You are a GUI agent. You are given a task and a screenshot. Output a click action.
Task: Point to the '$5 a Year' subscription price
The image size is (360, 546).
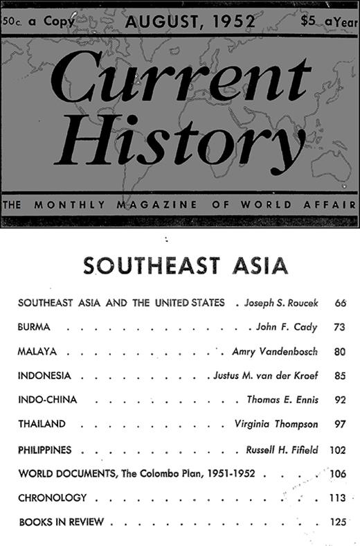point(329,21)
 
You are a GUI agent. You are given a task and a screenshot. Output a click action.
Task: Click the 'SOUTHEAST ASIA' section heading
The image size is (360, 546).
point(186,266)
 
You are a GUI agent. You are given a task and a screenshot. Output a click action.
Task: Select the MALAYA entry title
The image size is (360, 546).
point(37,351)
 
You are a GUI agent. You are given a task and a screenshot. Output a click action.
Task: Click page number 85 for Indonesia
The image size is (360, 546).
point(339,376)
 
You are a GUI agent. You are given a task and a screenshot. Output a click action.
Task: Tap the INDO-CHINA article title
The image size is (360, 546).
point(47,400)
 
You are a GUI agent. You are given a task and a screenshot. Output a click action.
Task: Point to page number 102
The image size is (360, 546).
point(338,450)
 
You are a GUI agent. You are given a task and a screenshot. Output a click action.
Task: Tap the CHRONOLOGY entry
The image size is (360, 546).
point(53,497)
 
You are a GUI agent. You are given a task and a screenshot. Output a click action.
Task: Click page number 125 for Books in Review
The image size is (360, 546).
point(338,522)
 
